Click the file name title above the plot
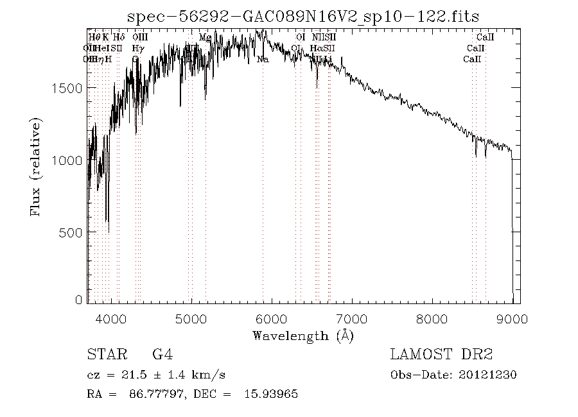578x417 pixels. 303,17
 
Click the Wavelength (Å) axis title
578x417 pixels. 302,336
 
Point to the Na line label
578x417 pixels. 263,60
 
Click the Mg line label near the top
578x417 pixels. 205,38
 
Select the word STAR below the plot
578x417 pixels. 103,354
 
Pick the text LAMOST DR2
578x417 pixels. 441,354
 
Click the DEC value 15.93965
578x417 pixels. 270,395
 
